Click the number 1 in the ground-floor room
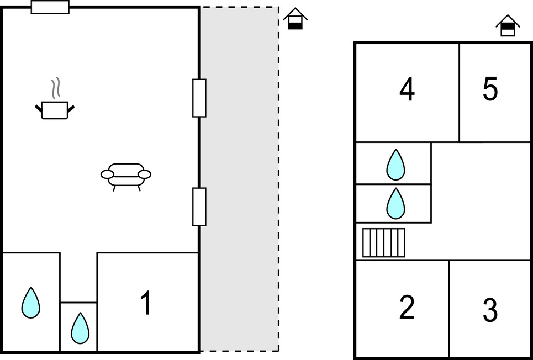pyautogui.click(x=146, y=304)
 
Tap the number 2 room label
pyautogui.click(x=407, y=308)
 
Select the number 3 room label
pyautogui.click(x=490, y=310)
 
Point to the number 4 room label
pyautogui.click(x=407, y=89)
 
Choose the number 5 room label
pyautogui.click(x=490, y=89)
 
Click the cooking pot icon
pyautogui.click(x=55, y=110)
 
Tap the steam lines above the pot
pyautogui.click(x=55, y=88)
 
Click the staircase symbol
pyautogui.click(x=384, y=242)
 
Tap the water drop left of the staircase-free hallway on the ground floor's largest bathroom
pyautogui.click(x=31, y=303)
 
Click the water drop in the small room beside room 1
pyautogui.click(x=80, y=327)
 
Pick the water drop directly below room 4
pyautogui.click(x=395, y=165)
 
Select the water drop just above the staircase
pyautogui.click(x=395, y=203)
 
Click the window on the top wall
pyautogui.click(x=50, y=7)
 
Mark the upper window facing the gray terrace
pyautogui.click(x=199, y=98)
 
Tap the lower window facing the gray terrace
pyautogui.click(x=199, y=207)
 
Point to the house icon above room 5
pyautogui.click(x=508, y=25)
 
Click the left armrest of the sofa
pyautogui.click(x=107, y=174)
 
